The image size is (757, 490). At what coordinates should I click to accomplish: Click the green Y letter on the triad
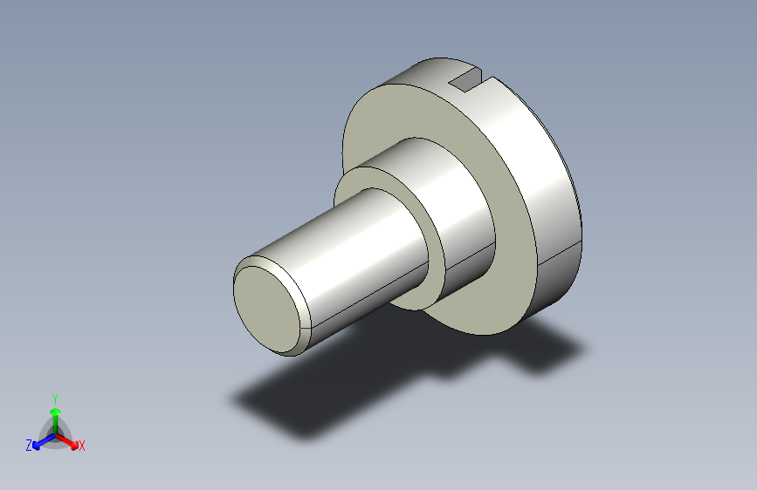coord(54,397)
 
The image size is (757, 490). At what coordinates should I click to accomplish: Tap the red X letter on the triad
coord(82,446)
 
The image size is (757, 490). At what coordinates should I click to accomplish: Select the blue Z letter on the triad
coord(29,446)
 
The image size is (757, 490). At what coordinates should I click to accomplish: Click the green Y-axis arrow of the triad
coord(55,415)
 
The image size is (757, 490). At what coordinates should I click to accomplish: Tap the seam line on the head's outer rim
coord(559,254)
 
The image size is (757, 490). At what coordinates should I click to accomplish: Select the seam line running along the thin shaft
coord(367,304)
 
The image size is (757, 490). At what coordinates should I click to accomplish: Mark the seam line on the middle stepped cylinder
coord(471,257)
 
